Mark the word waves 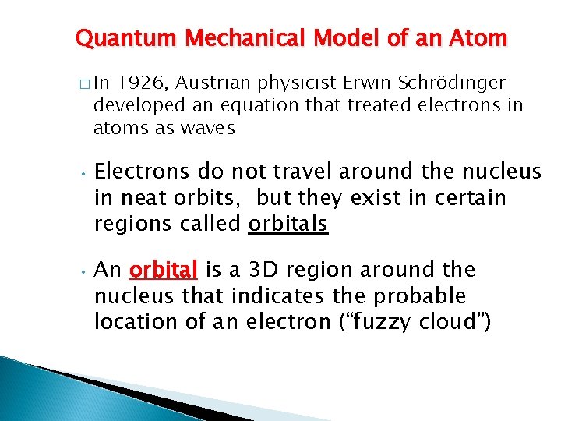tap(207, 128)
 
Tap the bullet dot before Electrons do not tap(80, 172)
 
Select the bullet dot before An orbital tap(80, 270)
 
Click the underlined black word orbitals tap(288, 225)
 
